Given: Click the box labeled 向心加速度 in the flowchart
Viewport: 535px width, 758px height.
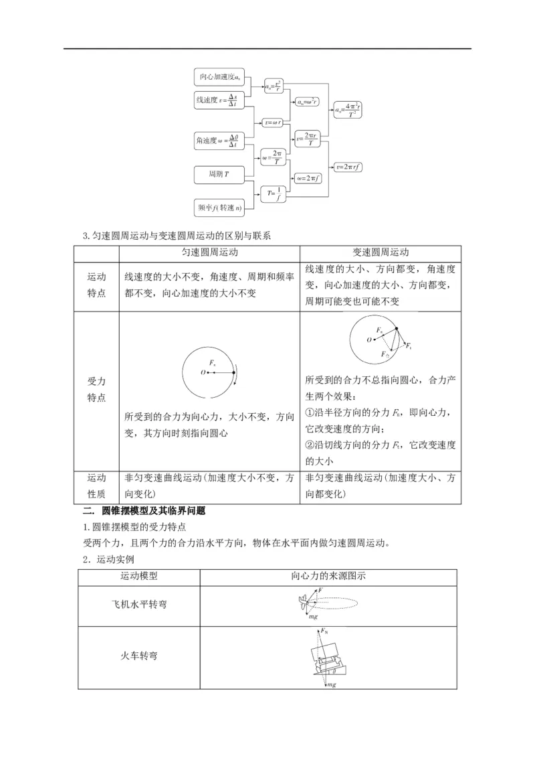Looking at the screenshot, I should coord(221,78).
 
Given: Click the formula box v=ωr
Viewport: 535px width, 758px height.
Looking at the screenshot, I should coord(275,123).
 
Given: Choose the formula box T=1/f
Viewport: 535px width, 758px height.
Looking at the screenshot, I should coord(275,193).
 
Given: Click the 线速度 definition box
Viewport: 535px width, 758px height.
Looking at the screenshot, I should coord(218,101).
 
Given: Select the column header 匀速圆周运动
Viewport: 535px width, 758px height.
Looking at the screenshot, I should coord(209,252).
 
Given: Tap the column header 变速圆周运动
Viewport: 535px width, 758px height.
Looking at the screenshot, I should coord(381,252).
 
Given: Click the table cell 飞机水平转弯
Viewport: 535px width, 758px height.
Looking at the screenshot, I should coord(139,605).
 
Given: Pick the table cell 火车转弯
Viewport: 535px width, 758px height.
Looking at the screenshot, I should coord(139,656).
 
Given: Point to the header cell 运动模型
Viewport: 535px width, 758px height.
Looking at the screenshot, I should coord(139,576).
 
